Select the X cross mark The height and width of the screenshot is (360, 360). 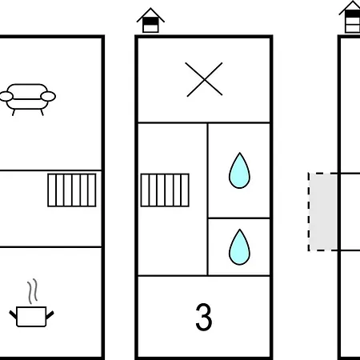point(204,79)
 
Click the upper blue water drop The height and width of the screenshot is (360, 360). point(239,170)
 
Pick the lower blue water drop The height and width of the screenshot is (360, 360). point(239,247)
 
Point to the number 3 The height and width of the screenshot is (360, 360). point(204,317)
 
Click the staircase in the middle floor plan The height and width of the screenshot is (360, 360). point(165,190)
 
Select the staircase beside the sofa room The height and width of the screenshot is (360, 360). point(72,190)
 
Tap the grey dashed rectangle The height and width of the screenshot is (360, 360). point(323,212)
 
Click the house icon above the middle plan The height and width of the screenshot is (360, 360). point(150,21)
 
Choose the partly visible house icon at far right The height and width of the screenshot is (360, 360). point(350,17)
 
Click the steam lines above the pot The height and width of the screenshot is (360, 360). point(33,291)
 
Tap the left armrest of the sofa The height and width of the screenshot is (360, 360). point(6,96)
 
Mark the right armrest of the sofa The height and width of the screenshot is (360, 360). point(48,96)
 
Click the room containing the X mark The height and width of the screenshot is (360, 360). point(204,80)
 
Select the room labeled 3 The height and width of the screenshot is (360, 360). point(204,317)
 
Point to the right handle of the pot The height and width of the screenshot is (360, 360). point(50,315)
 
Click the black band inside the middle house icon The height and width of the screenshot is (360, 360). point(150,21)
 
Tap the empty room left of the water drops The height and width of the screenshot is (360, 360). point(173,199)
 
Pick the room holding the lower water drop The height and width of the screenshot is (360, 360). point(239,247)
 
